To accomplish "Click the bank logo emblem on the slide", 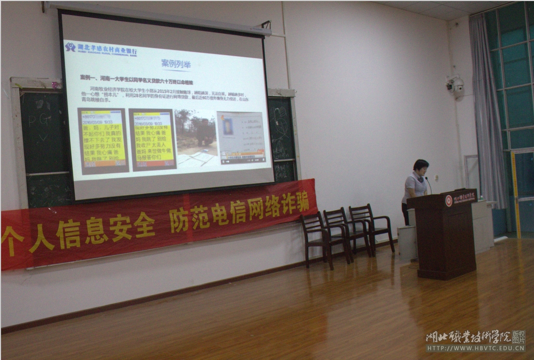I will pyautogui.click(x=70, y=47).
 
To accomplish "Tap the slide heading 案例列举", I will pyautogui.click(x=176, y=65).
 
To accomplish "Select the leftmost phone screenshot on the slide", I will pyautogui.click(x=103, y=140).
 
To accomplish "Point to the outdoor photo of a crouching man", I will pyautogui.click(x=196, y=137).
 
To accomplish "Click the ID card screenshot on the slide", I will pyautogui.click(x=241, y=136).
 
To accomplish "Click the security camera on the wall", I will pyautogui.click(x=455, y=85).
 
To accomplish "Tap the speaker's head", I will pyautogui.click(x=420, y=168).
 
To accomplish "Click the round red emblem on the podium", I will pyautogui.click(x=448, y=201).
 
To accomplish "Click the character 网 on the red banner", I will pyautogui.click(x=255, y=208).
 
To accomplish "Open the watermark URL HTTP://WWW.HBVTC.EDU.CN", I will pyautogui.click(x=475, y=348).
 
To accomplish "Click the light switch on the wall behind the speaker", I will pyautogui.click(x=436, y=178).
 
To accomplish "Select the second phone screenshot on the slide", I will pyautogui.click(x=152, y=139).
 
